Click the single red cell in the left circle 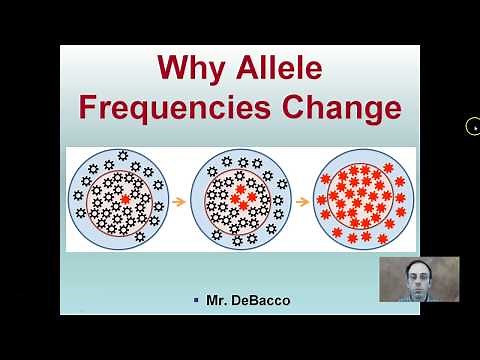pos(124,200)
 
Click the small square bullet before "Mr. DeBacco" pos(197,300)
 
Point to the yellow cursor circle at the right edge pos(474,126)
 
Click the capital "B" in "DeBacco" pos(250,300)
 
